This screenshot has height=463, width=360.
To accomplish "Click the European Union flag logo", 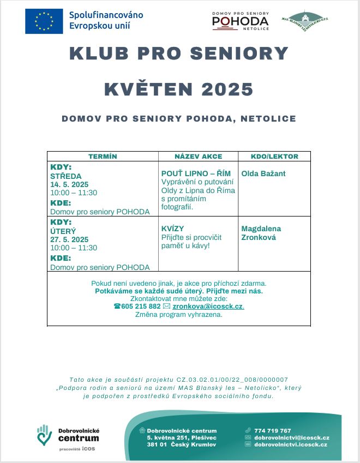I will pos(44,21).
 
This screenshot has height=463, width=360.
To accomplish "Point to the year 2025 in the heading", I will pos(224,89).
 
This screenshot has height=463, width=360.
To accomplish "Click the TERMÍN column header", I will pos(103,157).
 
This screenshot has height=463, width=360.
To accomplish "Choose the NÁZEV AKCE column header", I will pos(198,157).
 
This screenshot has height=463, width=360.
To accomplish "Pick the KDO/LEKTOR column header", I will pos(274,157).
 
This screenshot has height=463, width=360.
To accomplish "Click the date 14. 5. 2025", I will pos(69,184).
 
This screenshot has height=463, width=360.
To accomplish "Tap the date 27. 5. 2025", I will pos(69,239).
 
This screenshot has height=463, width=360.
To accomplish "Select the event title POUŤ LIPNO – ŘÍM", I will pos(196,173).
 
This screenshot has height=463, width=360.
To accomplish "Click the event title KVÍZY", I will pos(172,229).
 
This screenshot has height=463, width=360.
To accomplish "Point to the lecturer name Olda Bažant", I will pos(263,173).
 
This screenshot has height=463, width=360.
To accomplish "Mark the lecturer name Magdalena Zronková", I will pos(261,233).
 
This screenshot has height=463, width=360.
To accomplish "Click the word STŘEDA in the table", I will pos(66,176).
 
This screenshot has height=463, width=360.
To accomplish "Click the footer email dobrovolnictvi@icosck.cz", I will pos(292,437).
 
